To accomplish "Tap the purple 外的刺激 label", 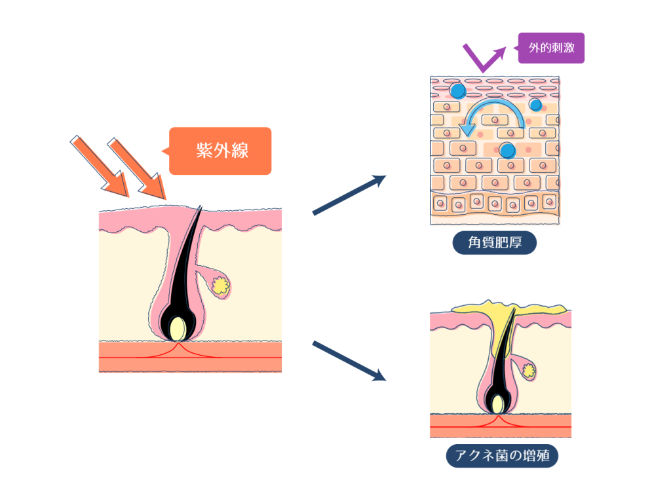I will (x=550, y=48).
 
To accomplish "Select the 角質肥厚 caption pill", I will (x=495, y=244).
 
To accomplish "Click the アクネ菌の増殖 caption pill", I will (x=502, y=455).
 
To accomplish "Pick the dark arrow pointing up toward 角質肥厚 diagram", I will (x=347, y=195).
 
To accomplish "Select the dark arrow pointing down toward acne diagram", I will (x=347, y=360).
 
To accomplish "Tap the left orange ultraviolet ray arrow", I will (x=100, y=166).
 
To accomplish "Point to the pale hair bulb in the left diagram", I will (x=177, y=327).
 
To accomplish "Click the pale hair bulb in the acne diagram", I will (x=499, y=403).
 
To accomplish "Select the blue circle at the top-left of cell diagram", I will (x=457, y=90).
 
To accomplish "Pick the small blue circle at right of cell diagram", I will (x=535, y=105).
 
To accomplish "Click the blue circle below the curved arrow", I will (x=507, y=151).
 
